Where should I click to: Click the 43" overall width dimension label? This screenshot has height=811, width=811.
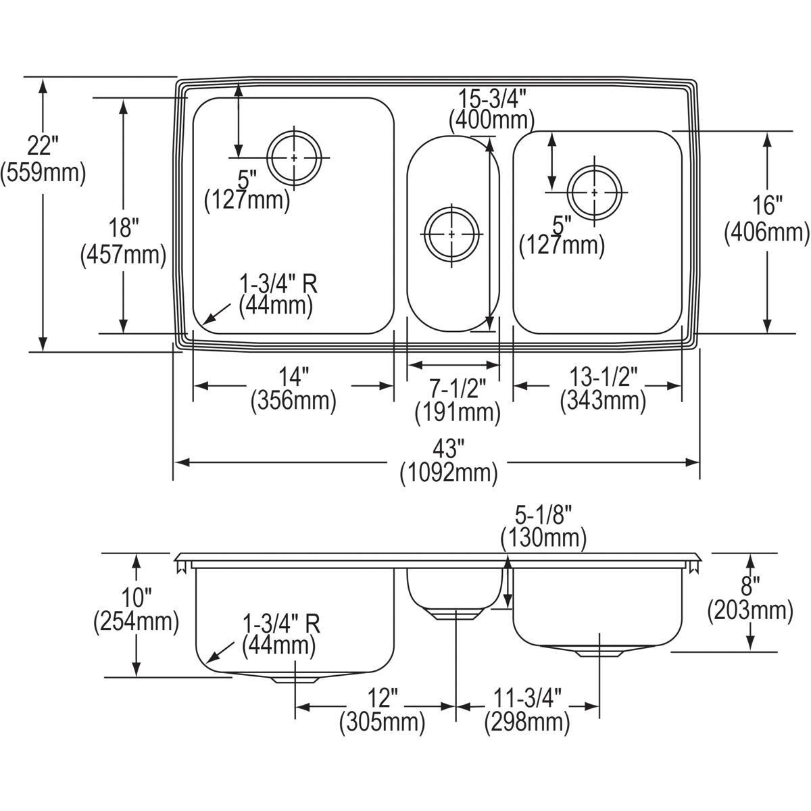coord(448,460)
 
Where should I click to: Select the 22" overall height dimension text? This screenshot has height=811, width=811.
coord(43,159)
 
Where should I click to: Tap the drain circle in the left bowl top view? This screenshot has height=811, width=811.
coord(294,157)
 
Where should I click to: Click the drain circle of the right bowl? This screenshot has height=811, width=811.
coord(594,193)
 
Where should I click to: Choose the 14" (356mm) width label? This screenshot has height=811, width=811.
coord(293,389)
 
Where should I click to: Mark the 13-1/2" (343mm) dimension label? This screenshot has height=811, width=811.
coord(602,389)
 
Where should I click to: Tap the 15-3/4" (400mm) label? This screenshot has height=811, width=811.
coord(491,109)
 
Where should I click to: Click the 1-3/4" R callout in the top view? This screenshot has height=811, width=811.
coord(278,295)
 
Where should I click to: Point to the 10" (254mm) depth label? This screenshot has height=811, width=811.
coord(136,609)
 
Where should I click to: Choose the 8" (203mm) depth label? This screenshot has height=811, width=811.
coord(749,598)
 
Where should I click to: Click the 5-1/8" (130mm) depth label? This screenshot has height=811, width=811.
coord(543,526)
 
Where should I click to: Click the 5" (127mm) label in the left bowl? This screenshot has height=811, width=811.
coord(247,190)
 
